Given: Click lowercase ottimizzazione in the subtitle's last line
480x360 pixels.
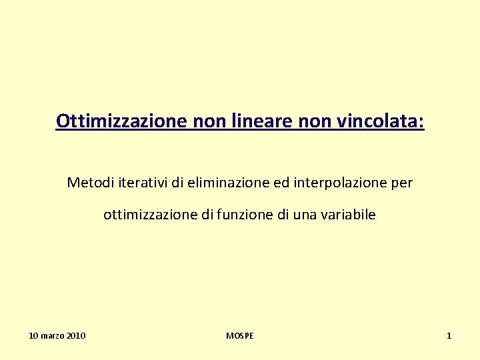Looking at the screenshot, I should (145, 215).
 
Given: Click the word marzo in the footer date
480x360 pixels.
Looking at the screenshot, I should (52, 336).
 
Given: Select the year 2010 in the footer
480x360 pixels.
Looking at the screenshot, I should (75, 336).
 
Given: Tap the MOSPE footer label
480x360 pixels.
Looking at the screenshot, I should (240, 336).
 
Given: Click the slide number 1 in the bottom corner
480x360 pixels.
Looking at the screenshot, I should (449, 336).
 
